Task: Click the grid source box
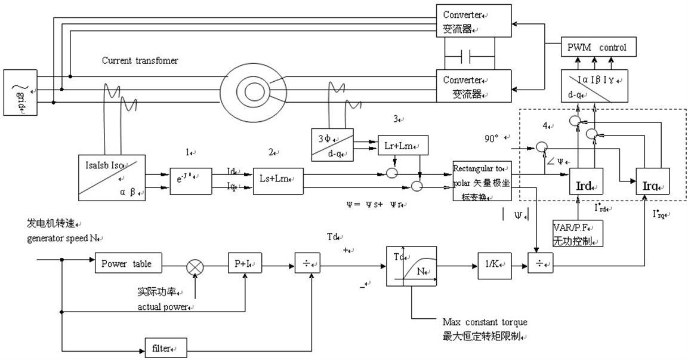tap(20, 91)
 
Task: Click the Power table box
tap(128, 263)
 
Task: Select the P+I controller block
tap(245, 263)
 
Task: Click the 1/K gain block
tap(494, 263)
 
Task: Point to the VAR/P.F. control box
tap(578, 234)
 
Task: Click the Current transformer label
tap(140, 61)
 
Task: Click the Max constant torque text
tap(485, 322)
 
